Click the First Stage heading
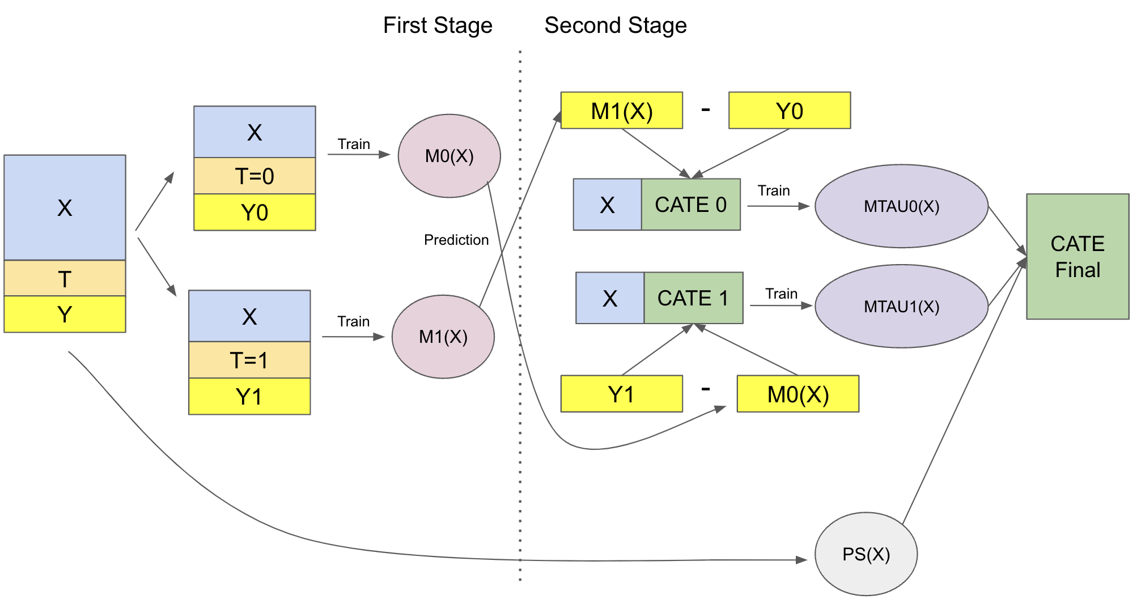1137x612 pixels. pyautogui.click(x=438, y=25)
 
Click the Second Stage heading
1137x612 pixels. pyautogui.click(x=616, y=25)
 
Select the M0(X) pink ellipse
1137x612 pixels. pyautogui.click(x=449, y=156)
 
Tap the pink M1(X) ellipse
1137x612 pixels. pyautogui.click(x=443, y=337)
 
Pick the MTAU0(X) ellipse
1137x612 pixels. pyautogui.click(x=901, y=206)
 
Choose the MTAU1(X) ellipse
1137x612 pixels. pyautogui.click(x=901, y=307)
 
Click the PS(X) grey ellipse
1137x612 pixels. pyautogui.click(x=866, y=554)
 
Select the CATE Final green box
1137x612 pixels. pyautogui.click(x=1077, y=257)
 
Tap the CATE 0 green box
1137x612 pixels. pyautogui.click(x=690, y=205)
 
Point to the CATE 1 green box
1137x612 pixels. pyautogui.click(x=693, y=298)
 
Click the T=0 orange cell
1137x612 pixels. pyautogui.click(x=254, y=176)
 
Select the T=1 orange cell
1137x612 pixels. pyautogui.click(x=249, y=360)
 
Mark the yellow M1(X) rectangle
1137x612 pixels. pyautogui.click(x=621, y=110)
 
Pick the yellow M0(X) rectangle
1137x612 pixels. pyautogui.click(x=797, y=394)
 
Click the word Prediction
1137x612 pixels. pyautogui.click(x=456, y=240)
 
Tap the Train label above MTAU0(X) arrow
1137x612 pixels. pyautogui.click(x=774, y=190)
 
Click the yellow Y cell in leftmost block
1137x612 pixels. pyautogui.click(x=65, y=314)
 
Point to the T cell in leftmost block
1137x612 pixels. pyautogui.click(x=65, y=278)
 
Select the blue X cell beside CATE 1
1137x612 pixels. pyautogui.click(x=610, y=298)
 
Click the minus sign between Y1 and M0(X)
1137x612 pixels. pyautogui.click(x=706, y=389)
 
